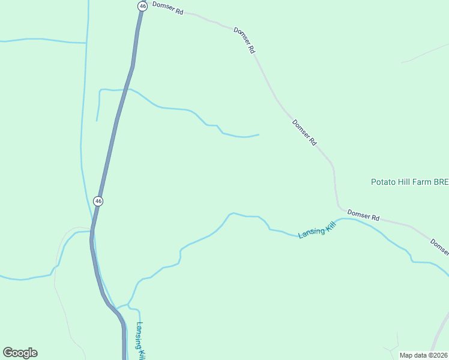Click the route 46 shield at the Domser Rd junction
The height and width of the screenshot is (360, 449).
coord(142,6)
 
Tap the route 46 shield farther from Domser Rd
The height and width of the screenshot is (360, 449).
coord(98,201)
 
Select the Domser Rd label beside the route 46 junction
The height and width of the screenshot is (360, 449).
coord(167,8)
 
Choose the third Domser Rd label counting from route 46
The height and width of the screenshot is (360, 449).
coord(304,133)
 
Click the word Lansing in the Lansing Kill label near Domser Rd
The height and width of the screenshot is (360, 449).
coord(312,232)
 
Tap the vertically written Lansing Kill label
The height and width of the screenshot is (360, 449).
coord(141,341)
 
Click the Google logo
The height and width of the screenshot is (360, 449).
coord(20,353)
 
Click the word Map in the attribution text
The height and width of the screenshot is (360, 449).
coord(406,355)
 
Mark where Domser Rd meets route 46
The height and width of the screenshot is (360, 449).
coord(143,11)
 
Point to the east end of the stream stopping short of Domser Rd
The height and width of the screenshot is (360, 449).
coord(259,134)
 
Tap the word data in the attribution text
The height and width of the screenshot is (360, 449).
coord(421,355)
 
